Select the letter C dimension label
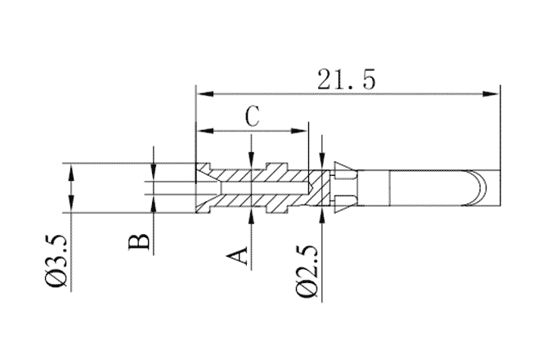pyautogui.click(x=253, y=116)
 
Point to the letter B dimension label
pyautogui.click(x=140, y=242)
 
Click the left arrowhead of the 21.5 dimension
pyautogui.click(x=201, y=92)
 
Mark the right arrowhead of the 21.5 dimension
pyautogui.click(x=494, y=92)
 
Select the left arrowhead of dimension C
pyautogui.click(x=201, y=130)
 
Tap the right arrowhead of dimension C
pyautogui.click(x=303, y=130)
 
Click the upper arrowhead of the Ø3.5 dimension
pyautogui.click(x=72, y=169)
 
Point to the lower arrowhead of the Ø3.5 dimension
pyautogui.click(x=72, y=207)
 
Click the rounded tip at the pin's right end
pyautogui.click(x=482, y=188)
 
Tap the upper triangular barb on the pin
pyautogui.click(x=344, y=171)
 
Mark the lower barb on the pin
pyautogui.click(x=344, y=202)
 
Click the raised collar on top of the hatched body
pyautogui.click(x=278, y=166)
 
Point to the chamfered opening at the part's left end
pyautogui.click(x=205, y=188)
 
